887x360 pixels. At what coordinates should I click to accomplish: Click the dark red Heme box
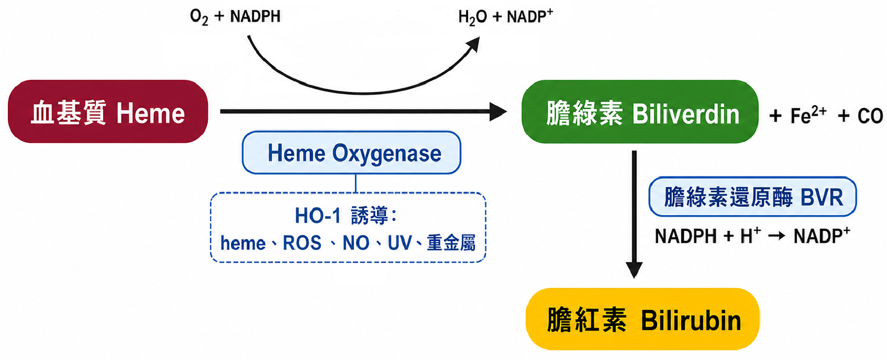(x=108, y=111)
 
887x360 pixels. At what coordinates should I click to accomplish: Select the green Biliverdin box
(x=640, y=111)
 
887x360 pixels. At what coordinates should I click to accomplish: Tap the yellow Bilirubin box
(x=643, y=319)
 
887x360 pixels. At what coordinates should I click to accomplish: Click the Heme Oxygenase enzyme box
(x=352, y=153)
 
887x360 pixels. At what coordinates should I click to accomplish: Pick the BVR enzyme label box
(x=753, y=197)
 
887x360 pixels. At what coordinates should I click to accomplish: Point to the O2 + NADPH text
(x=235, y=17)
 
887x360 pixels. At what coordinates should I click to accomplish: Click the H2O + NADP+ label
(x=506, y=17)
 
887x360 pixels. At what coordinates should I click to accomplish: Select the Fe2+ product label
(x=808, y=115)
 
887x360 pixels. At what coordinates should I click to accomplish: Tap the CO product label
(x=870, y=116)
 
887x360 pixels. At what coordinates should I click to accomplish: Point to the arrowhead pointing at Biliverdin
(x=498, y=111)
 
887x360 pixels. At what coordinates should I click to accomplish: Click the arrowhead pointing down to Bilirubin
(x=634, y=270)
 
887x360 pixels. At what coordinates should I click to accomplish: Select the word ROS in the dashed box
(x=302, y=243)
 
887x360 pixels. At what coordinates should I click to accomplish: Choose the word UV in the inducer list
(x=400, y=243)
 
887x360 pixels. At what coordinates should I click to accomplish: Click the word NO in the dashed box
(x=355, y=243)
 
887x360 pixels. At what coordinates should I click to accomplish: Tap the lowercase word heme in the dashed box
(x=243, y=243)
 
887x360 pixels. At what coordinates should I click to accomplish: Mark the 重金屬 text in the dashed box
(x=451, y=243)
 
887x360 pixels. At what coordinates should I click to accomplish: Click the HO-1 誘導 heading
(x=346, y=216)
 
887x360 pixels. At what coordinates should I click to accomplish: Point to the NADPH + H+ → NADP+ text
(x=753, y=236)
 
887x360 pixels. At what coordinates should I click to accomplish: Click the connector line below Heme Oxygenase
(x=355, y=183)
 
